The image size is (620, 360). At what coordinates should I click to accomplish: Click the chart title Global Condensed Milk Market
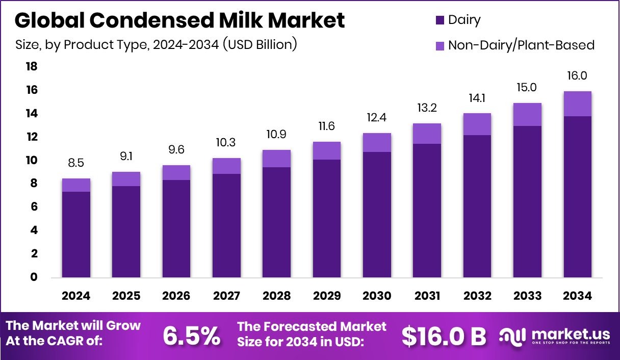[x=179, y=20]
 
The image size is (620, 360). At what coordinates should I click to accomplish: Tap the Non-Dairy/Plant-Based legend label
[x=521, y=45]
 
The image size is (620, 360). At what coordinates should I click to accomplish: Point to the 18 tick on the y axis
[x=32, y=67]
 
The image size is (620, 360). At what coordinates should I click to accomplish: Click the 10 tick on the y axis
[x=32, y=161]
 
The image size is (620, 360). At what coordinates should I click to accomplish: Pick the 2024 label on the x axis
[x=76, y=296]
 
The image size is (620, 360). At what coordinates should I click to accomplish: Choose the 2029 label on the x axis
[x=327, y=296]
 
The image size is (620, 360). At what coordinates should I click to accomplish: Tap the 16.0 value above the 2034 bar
[x=578, y=76]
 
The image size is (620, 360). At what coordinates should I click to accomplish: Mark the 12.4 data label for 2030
[x=377, y=118]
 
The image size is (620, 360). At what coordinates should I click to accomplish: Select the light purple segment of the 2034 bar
[x=578, y=104]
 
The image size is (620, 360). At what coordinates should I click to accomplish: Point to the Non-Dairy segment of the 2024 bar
[x=76, y=185]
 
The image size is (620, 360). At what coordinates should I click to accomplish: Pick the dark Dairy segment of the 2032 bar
[x=477, y=206]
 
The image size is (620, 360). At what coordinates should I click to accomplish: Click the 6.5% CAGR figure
[x=192, y=336]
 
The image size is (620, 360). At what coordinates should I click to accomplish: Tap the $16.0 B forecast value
[x=444, y=336]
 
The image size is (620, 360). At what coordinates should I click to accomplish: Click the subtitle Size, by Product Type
[x=156, y=45]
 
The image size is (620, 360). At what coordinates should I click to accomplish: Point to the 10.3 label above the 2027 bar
[x=226, y=143]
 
